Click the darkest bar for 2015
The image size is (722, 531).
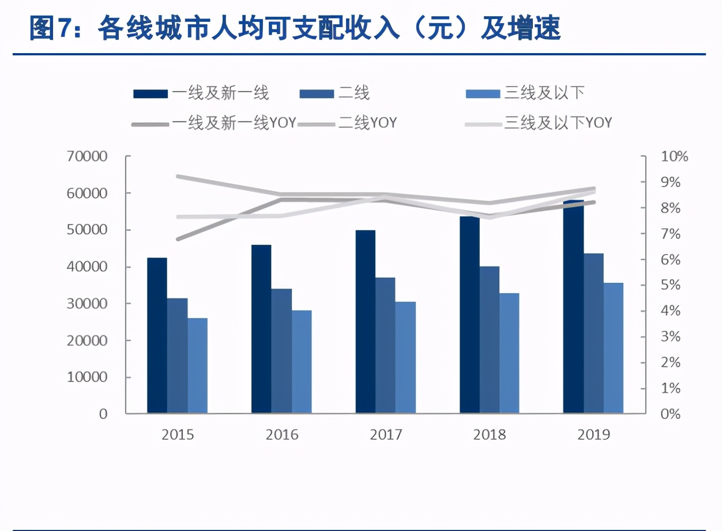pyautogui.click(x=157, y=335)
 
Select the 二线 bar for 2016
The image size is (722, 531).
pyautogui.click(x=281, y=351)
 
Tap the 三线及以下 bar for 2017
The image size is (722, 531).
pyautogui.click(x=405, y=357)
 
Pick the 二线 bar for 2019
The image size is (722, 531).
pyautogui.click(x=593, y=333)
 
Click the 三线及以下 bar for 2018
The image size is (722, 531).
pyautogui.click(x=509, y=353)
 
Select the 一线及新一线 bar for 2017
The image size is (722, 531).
pyautogui.click(x=365, y=321)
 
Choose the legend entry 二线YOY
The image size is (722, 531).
pyautogui.click(x=367, y=122)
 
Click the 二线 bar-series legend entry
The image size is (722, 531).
pyautogui.click(x=354, y=92)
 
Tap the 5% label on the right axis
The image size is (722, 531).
pyautogui.click(x=670, y=285)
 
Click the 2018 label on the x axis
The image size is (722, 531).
pyautogui.click(x=490, y=435)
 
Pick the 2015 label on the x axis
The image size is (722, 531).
pyautogui.click(x=178, y=435)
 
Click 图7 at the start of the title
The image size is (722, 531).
pyautogui.click(x=50, y=28)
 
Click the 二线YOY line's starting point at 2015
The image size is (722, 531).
pyautogui.click(x=178, y=176)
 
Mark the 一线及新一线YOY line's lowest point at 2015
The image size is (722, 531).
pyautogui.click(x=178, y=239)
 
